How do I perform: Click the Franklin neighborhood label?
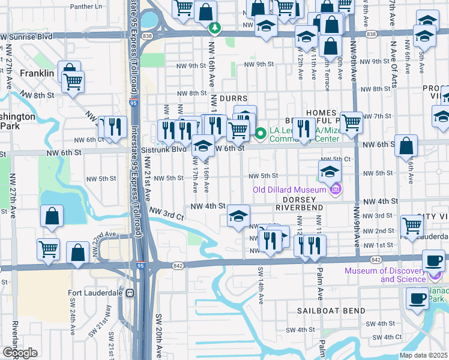click(37, 73)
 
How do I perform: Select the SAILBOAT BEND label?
click(327, 311)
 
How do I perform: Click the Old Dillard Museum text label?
click(289, 190)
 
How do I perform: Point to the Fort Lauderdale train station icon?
click(129, 293)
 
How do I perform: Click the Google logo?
click(19, 353)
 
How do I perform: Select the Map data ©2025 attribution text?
click(424, 355)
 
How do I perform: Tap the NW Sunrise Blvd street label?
click(27, 37)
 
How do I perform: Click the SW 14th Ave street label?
click(261, 284)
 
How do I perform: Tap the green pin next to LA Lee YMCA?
click(261, 133)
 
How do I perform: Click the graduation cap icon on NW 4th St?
click(238, 216)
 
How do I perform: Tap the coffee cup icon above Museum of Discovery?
click(433, 260)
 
